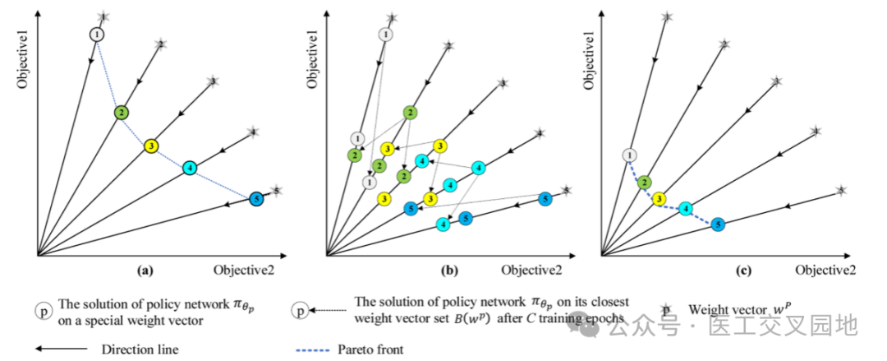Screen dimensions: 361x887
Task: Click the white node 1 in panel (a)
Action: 97,35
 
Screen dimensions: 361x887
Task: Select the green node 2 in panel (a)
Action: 121,112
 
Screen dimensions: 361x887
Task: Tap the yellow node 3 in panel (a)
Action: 151,146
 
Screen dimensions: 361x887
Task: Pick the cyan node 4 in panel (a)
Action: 190,169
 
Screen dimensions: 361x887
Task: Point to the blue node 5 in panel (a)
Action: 256,198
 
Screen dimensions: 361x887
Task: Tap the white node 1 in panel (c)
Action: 629,155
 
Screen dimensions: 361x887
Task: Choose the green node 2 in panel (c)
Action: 645,183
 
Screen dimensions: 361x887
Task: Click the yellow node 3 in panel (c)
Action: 659,198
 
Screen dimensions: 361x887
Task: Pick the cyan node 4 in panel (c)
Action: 686,208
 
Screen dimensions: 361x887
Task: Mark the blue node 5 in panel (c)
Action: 718,224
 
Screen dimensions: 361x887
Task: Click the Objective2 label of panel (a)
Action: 244,269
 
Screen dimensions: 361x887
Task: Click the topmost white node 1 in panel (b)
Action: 385,34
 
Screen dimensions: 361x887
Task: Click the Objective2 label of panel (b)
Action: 531,269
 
